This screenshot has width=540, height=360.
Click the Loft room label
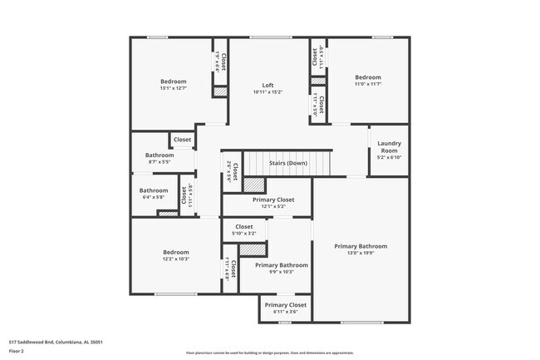(268, 85)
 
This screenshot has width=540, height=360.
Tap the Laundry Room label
(389, 146)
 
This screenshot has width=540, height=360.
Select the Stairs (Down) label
(288, 163)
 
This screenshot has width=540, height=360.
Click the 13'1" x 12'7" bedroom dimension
(174, 88)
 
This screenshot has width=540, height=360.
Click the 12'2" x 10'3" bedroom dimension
(175, 259)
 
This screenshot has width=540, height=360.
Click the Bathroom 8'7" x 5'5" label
(160, 155)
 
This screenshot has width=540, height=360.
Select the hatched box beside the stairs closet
(253, 185)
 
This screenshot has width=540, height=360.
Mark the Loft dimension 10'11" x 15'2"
(268, 91)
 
